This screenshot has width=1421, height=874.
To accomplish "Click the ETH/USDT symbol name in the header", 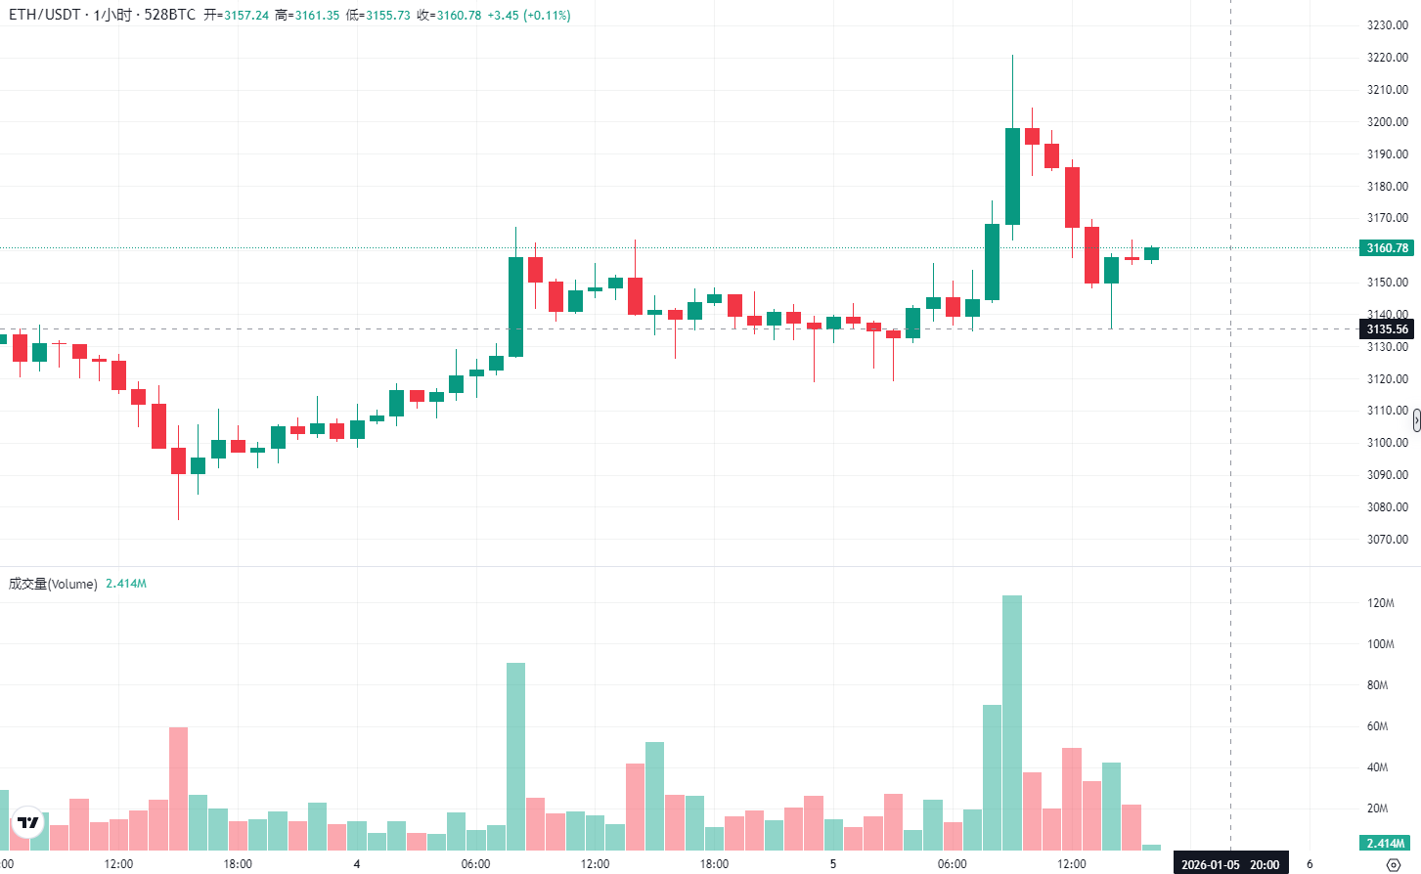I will (x=45, y=16).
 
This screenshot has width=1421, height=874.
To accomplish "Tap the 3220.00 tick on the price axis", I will (x=1387, y=58).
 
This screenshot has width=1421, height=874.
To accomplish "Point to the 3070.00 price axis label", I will (x=1387, y=540).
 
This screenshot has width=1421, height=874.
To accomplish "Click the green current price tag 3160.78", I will (x=1387, y=248).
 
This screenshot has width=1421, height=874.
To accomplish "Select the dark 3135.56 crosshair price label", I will (x=1387, y=329).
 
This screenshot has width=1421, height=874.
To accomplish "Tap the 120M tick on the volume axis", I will (x=1380, y=603).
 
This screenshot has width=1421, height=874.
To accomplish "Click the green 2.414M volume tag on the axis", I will (x=1385, y=843).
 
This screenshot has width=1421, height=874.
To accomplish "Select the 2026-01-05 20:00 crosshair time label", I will (x=1229, y=864).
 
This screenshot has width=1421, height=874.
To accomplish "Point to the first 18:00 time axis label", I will (x=238, y=864).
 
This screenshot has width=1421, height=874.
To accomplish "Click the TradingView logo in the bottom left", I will (x=28, y=823).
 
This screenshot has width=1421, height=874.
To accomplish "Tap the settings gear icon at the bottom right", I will (x=1394, y=864).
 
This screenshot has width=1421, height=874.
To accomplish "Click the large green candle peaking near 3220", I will (x=1012, y=176).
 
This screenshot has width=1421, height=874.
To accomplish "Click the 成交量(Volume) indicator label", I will (x=53, y=584).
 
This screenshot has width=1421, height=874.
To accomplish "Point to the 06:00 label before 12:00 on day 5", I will (x=953, y=864).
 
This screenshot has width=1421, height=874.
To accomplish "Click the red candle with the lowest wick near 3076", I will (x=178, y=460).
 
